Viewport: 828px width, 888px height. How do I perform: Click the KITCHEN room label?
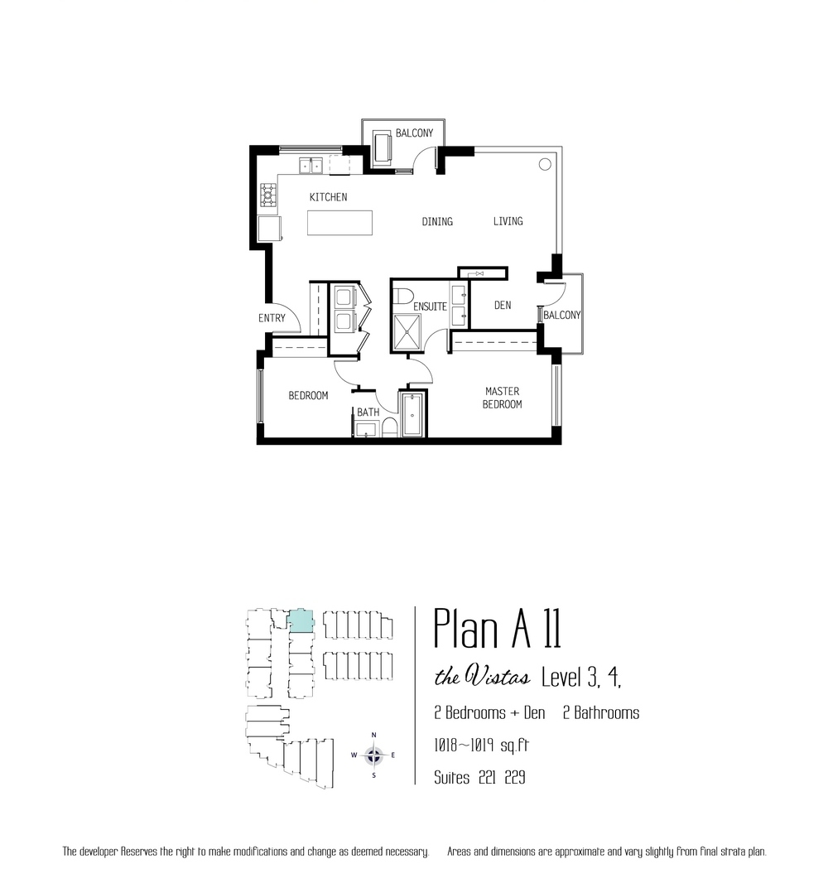pyautogui.click(x=328, y=197)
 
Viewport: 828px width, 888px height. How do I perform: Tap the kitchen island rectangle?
pyautogui.click(x=339, y=223)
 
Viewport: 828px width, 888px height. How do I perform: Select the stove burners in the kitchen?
pyautogui.click(x=268, y=195)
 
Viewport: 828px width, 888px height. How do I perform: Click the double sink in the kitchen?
pyautogui.click(x=310, y=166)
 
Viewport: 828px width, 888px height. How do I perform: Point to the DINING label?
pyautogui.click(x=437, y=221)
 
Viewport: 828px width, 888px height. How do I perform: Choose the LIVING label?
pyautogui.click(x=508, y=221)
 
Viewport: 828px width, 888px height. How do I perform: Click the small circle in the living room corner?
pyautogui.click(x=545, y=165)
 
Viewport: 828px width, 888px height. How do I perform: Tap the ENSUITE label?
pyautogui.click(x=430, y=306)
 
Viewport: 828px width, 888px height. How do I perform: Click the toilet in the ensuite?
pyautogui.click(x=403, y=297)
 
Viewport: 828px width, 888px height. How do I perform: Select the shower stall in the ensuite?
pyautogui.click(x=407, y=331)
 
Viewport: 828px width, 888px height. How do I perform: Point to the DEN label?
pyautogui.click(x=503, y=305)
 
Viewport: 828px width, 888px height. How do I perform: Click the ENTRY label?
pyautogui.click(x=272, y=318)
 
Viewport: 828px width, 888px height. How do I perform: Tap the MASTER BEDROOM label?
pyautogui.click(x=502, y=398)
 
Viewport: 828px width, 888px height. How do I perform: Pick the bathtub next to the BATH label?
pyautogui.click(x=412, y=415)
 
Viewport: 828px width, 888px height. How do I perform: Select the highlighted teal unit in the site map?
pyautogui.click(x=301, y=621)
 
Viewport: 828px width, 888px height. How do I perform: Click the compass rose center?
pyautogui.click(x=373, y=755)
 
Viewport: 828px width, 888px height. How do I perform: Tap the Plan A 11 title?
pyautogui.click(x=498, y=630)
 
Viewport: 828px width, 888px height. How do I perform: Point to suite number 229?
pyautogui.click(x=515, y=777)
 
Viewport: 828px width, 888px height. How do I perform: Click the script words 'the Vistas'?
pyautogui.click(x=482, y=677)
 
